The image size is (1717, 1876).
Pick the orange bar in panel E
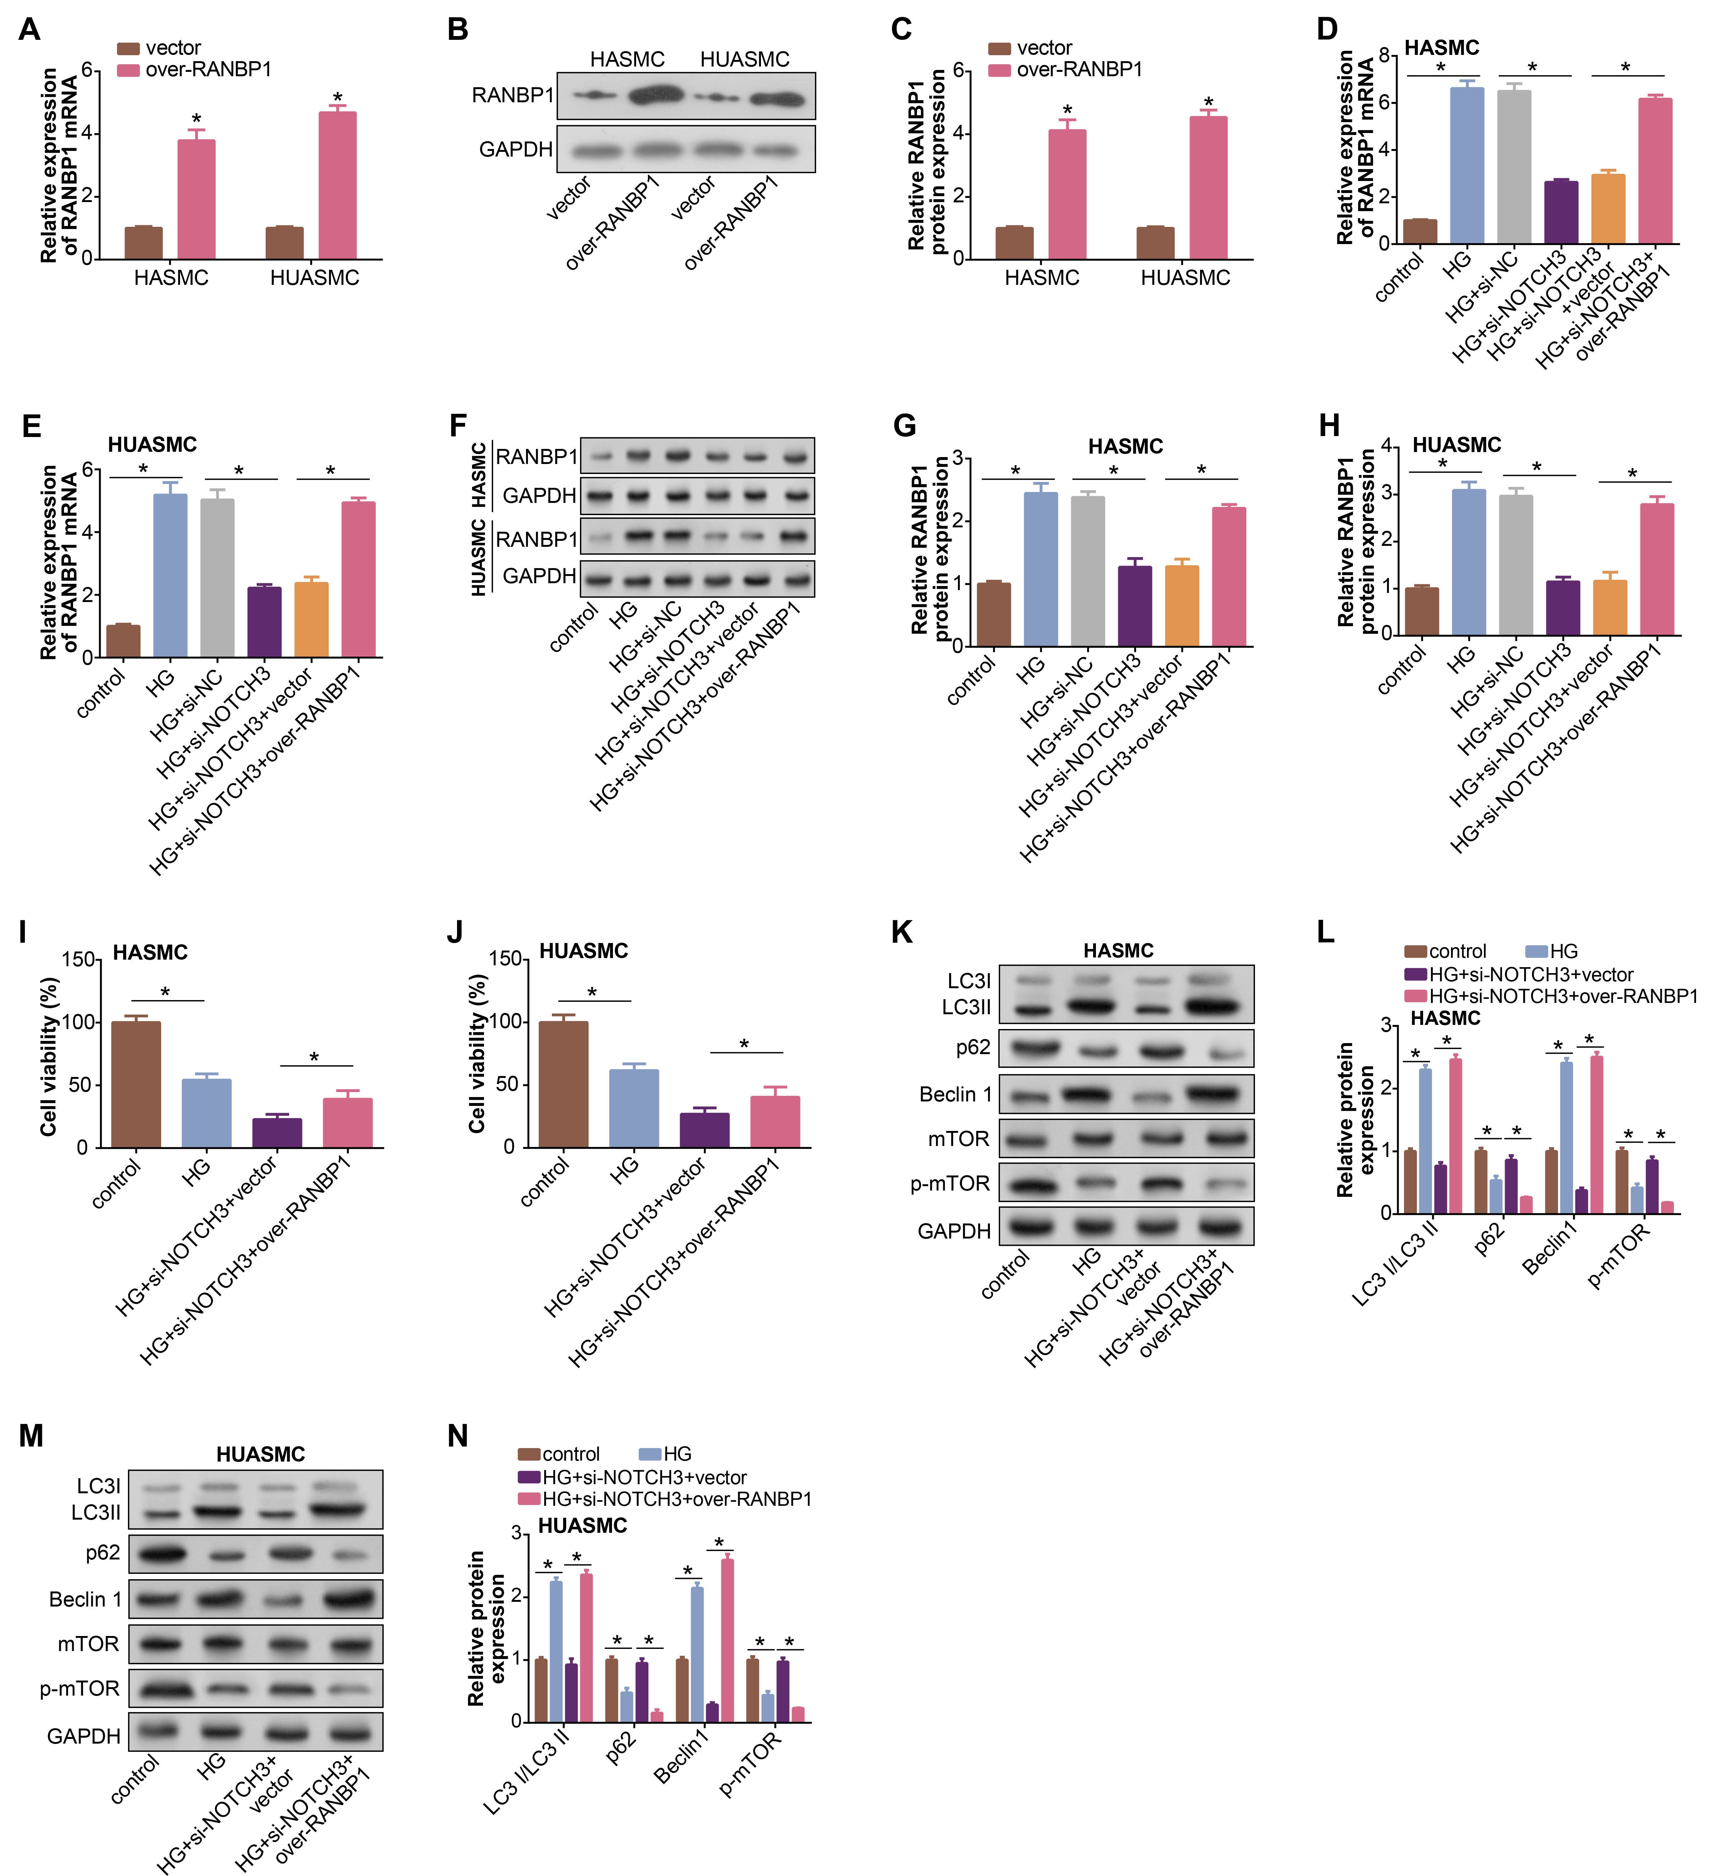pyautogui.click(x=311, y=620)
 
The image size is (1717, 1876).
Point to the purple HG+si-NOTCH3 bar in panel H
pyautogui.click(x=1562, y=608)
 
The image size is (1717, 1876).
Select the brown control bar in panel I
pyautogui.click(x=136, y=1084)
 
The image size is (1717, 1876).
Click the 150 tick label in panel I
pyautogui.click(x=80, y=959)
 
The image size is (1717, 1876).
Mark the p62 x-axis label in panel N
pyautogui.click(x=621, y=1747)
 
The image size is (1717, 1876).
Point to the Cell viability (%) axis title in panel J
pyautogui.click(x=477, y=1053)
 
